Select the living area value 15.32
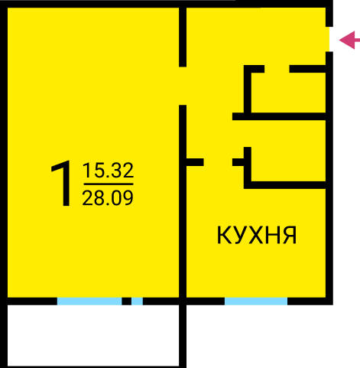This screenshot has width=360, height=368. coord(108,171)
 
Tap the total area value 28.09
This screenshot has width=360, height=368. coord(108,198)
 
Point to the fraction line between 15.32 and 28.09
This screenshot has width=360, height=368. coord(109,184)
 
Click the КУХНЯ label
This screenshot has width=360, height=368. coord(257,235)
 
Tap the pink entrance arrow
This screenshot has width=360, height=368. coord(349,40)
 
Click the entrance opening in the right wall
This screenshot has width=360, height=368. coord(329,39)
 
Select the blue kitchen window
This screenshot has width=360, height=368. coord(256,301)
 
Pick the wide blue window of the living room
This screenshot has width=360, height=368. coord(89,301)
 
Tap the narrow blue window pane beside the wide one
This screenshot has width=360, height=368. coord(137,301)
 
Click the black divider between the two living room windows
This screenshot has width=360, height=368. coord(127,301)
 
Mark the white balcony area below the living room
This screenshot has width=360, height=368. coord(93,335)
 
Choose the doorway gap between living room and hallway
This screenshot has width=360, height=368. coord(183,86)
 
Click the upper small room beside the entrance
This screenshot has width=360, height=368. coord(288,93)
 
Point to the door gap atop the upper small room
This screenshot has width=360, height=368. coord(277,69)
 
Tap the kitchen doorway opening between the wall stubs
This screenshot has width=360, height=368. coord(218,162)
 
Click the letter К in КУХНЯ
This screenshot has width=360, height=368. coord(224,235)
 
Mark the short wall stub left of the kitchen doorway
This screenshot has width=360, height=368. coord(195,162)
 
